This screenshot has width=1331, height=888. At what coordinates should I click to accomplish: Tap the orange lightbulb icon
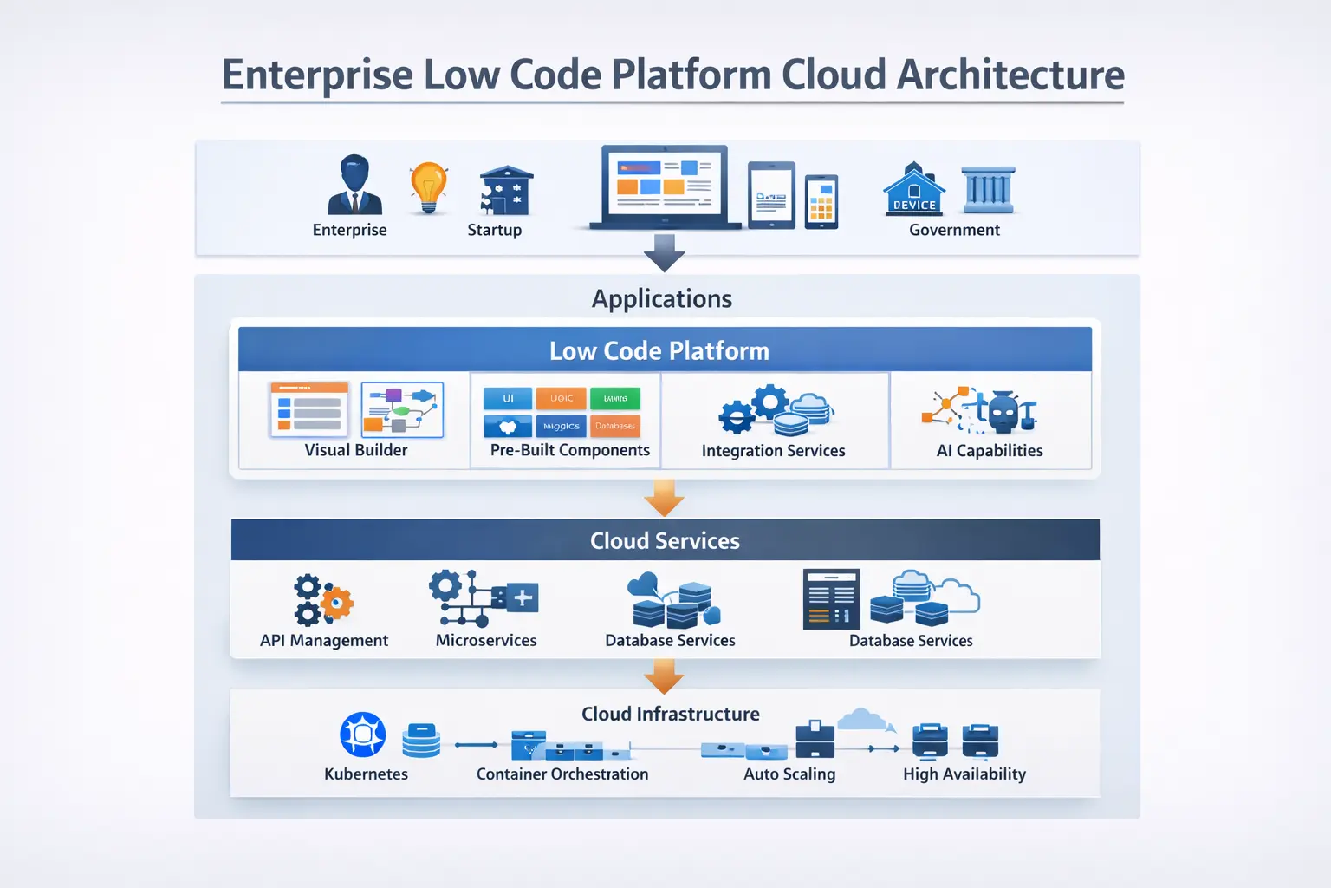[x=428, y=186]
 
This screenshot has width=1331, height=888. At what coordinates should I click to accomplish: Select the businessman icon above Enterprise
[x=354, y=185]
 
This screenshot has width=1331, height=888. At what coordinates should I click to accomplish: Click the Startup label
[x=494, y=230]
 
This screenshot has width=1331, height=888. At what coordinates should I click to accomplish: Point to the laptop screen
[x=664, y=183]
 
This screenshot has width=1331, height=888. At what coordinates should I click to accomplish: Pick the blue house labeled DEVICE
[x=914, y=190]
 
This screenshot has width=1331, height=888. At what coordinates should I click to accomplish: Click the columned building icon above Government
[x=988, y=190]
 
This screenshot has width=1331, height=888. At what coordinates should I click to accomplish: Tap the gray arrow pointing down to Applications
[x=665, y=252]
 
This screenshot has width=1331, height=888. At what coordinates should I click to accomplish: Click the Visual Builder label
[x=355, y=450]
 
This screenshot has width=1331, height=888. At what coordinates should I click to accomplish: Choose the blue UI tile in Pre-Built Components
[x=508, y=399]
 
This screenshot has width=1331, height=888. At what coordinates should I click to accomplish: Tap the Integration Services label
[x=773, y=451]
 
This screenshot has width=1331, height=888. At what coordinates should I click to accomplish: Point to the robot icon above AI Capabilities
[x=1004, y=413]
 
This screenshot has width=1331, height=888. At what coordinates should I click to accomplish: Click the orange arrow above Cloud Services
[x=665, y=499]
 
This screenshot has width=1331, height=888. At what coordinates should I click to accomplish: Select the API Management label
[x=323, y=641]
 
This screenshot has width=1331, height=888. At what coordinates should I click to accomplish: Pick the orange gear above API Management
[x=336, y=602]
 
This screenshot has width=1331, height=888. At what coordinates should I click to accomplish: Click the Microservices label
[x=485, y=641]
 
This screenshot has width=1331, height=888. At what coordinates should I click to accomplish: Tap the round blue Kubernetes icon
[x=363, y=735]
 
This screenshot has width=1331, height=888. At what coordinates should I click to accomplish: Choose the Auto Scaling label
[x=789, y=774]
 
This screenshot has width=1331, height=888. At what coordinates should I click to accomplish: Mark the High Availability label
[x=964, y=774]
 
